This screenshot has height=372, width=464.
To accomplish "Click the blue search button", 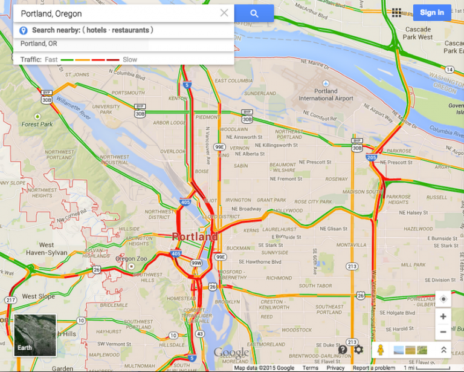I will pyautogui.click(x=254, y=13).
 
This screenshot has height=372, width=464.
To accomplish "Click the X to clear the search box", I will pyautogui.click(x=224, y=13).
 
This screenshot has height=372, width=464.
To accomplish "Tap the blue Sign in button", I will pyautogui.click(x=432, y=13).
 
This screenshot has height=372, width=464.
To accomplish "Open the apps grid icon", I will pyautogui.click(x=397, y=13).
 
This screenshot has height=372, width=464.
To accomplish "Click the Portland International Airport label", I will pyautogui.click(x=326, y=94).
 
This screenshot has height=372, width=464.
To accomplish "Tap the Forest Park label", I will pyautogui.click(x=37, y=124).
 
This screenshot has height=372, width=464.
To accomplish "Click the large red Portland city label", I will pyautogui.click(x=195, y=237).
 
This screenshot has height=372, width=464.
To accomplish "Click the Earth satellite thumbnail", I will pyautogui.click(x=35, y=334).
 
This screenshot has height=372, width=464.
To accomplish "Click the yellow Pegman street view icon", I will pyautogui.click(x=380, y=350).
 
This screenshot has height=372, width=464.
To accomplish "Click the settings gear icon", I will pyautogui.click(x=359, y=350).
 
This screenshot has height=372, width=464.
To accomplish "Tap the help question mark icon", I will pyautogui.click(x=343, y=350).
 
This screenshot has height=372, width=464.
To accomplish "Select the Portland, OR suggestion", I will pyautogui.click(x=39, y=44).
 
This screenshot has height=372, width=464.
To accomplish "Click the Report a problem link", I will pyautogui.click(x=375, y=368).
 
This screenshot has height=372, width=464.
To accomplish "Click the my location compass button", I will pyautogui.click(x=443, y=299).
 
